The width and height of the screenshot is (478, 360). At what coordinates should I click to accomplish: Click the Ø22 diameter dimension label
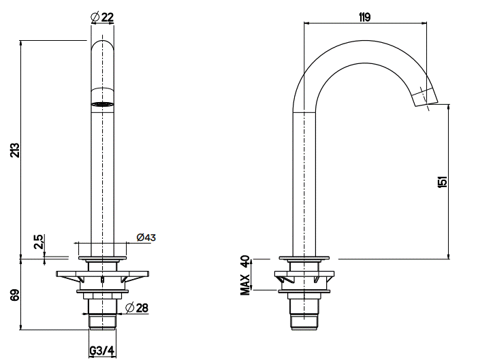(102, 17)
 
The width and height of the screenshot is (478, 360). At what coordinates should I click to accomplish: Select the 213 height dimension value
(15, 150)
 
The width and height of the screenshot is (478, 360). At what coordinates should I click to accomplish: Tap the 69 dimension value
(14, 295)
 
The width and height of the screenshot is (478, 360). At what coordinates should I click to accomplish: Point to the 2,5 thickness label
(39, 242)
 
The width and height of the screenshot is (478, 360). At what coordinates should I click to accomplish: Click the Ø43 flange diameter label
(146, 238)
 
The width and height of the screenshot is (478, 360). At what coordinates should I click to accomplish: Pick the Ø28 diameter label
(137, 308)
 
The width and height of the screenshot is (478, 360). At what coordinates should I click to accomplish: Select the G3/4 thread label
(102, 351)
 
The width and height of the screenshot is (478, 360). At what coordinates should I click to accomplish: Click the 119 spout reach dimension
(364, 18)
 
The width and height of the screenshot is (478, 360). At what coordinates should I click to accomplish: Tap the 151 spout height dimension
(443, 182)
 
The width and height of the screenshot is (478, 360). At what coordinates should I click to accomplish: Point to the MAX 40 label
(245, 276)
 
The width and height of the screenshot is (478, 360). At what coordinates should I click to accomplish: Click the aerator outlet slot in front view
(102, 105)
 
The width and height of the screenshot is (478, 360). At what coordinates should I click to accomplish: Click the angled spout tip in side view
(425, 97)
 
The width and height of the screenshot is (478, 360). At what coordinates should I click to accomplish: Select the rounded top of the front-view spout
(102, 45)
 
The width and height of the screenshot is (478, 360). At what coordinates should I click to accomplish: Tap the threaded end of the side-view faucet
(304, 323)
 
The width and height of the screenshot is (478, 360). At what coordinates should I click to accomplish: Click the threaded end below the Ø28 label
(102, 322)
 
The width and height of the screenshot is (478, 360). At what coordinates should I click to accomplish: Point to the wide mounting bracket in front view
(102, 274)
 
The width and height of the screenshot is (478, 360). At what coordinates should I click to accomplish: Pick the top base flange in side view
(304, 259)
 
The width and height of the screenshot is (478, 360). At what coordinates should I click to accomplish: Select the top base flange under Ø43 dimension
(102, 259)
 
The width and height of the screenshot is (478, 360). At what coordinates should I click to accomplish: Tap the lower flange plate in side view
(304, 291)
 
